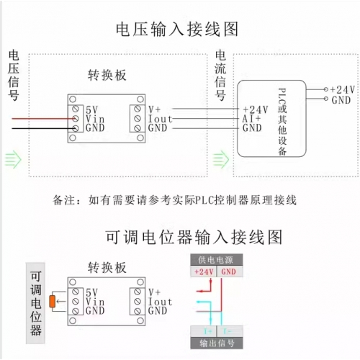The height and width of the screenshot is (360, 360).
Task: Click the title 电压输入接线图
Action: [x=177, y=30]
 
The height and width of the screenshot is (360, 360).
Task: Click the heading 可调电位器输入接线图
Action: [x=194, y=237]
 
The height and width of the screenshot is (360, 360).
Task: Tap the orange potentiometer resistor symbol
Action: [x=52, y=302]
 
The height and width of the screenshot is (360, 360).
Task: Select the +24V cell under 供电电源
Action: [x=204, y=271]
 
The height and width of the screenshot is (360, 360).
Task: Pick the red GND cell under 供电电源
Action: [x=230, y=271]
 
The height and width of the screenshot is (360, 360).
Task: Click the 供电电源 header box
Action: [x=217, y=260]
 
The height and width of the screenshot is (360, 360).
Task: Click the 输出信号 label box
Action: [x=217, y=343]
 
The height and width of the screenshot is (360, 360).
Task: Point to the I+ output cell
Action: [x=204, y=331]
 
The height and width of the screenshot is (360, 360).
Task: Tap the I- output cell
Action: [x=230, y=331]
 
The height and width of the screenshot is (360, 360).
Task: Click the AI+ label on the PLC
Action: [x=251, y=119]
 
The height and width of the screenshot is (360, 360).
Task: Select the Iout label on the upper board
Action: [x=160, y=119]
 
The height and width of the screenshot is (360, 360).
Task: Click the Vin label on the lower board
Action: [x=95, y=302]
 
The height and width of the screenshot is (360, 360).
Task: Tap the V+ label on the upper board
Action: [x=154, y=109]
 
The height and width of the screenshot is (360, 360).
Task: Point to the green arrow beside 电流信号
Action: [x=221, y=159]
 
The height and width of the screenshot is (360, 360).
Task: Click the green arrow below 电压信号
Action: [x=13, y=159]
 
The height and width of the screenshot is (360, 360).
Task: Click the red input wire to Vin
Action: [x=44, y=119]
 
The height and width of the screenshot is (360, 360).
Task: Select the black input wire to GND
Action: [x=44, y=128]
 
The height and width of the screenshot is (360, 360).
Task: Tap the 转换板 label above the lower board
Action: [x=107, y=267]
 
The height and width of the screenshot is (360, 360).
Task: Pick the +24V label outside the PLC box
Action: [x=343, y=90]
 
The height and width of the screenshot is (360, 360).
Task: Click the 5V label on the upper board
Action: [x=92, y=110]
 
